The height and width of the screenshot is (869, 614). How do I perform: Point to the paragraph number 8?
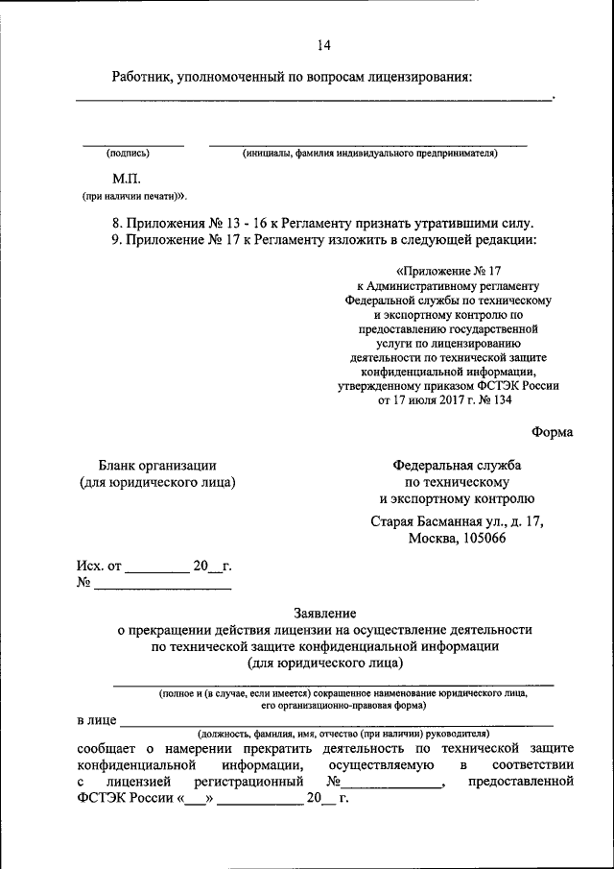pyautogui.click(x=116, y=223)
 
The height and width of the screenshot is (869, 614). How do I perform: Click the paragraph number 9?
pyautogui.click(x=116, y=239)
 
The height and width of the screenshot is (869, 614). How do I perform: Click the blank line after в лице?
pyautogui.click(x=336, y=722)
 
